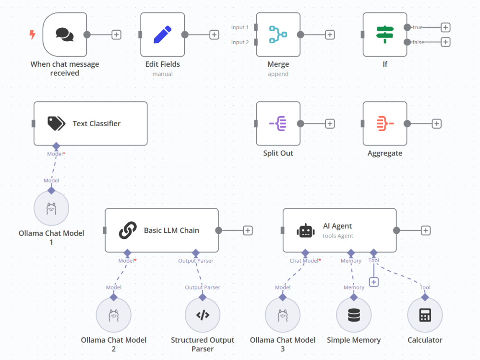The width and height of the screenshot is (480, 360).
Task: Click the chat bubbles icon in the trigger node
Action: pos(65,34)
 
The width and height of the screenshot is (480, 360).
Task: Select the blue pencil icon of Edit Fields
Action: pos(162,35)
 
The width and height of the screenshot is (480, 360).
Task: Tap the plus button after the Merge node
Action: pos(330,35)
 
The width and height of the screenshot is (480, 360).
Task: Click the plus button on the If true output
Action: pos(445,27)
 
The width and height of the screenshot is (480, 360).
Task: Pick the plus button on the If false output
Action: pos(445,42)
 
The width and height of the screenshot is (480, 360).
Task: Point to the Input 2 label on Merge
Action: pos(240,42)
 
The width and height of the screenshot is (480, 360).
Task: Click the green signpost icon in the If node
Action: pos(385,34)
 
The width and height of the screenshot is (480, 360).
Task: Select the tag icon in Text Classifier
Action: pos(56,123)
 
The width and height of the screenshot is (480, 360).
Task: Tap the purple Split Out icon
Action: pos(278,123)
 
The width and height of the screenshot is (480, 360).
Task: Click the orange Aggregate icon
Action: pos(385,123)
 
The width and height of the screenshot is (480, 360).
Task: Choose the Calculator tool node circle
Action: pos(425,315)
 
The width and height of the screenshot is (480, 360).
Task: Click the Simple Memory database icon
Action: pos(354,315)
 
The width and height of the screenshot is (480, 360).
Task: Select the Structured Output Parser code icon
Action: pos(203,315)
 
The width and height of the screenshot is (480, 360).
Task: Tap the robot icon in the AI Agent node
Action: pos(305,231)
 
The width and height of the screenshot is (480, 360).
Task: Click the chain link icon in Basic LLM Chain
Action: pos(128,230)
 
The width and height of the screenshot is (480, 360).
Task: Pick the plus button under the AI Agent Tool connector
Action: pos(374,282)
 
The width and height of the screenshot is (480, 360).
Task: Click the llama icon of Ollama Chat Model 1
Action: pos(51,208)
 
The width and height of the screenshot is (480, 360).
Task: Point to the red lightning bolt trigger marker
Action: pos(32,34)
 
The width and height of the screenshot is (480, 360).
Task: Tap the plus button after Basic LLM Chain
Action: pos(248,230)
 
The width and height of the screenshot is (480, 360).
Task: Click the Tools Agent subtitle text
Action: pos(337,236)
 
